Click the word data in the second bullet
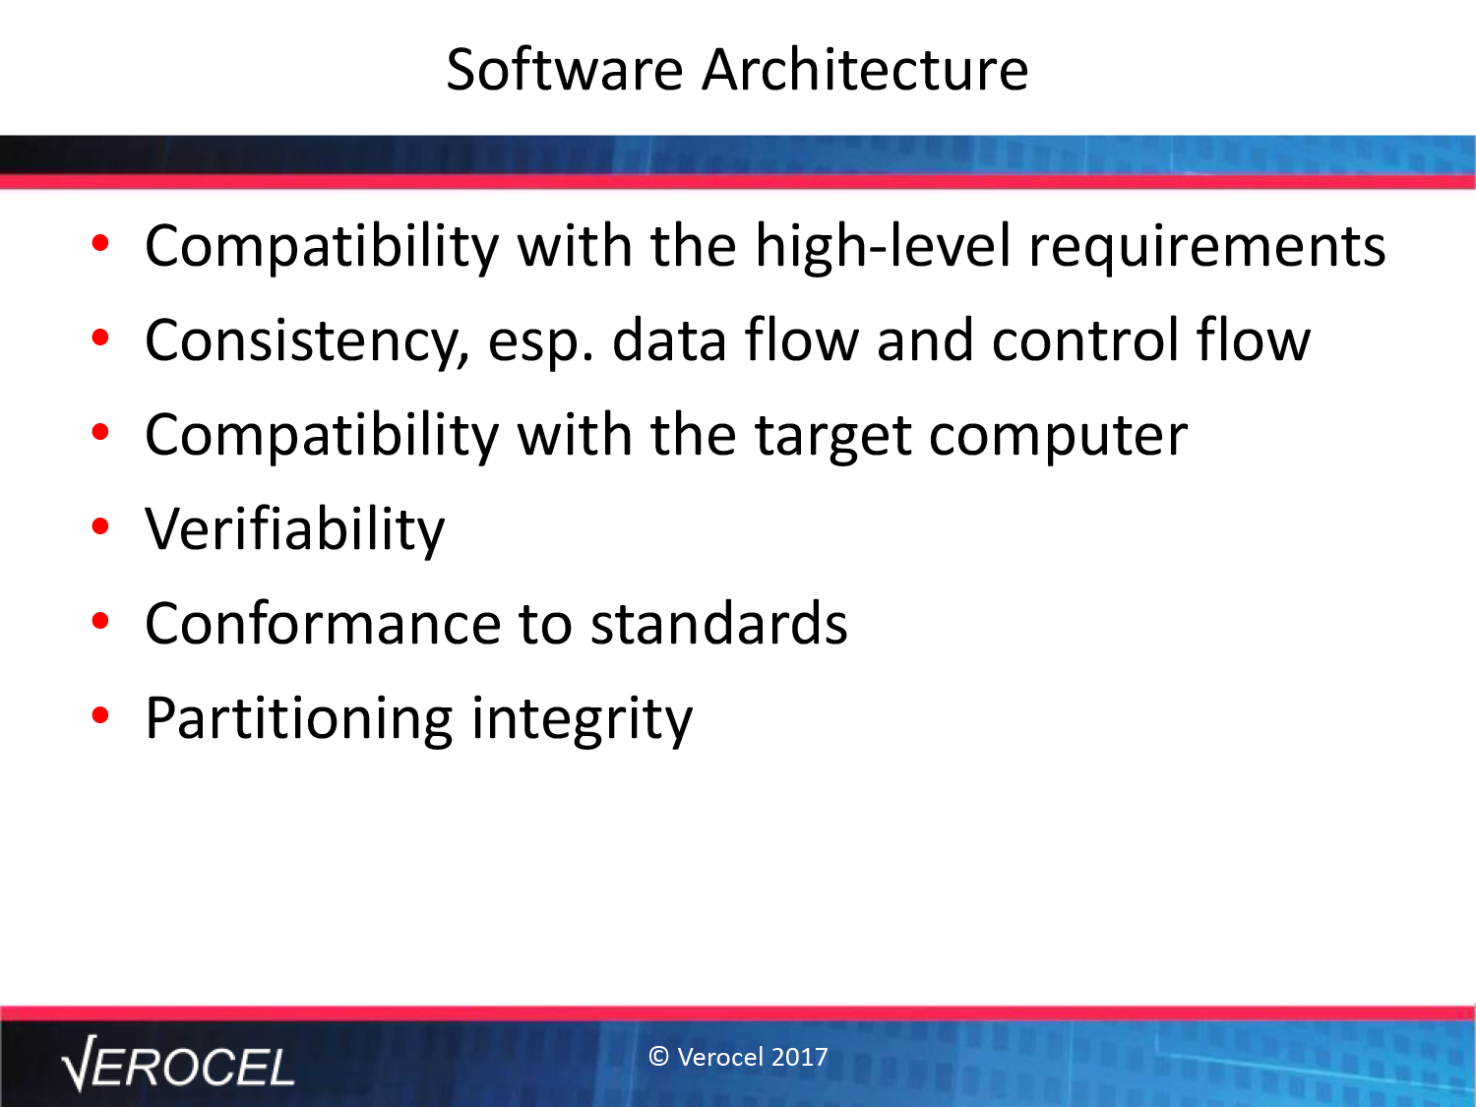coord(669,340)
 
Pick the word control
coord(1085,340)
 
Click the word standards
coord(719,623)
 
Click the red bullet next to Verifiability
coord(100,526)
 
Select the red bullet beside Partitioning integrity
coord(100,715)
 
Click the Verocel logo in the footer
coord(177,1064)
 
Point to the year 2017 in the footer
coord(799,1057)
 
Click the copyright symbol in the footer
coord(658,1057)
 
